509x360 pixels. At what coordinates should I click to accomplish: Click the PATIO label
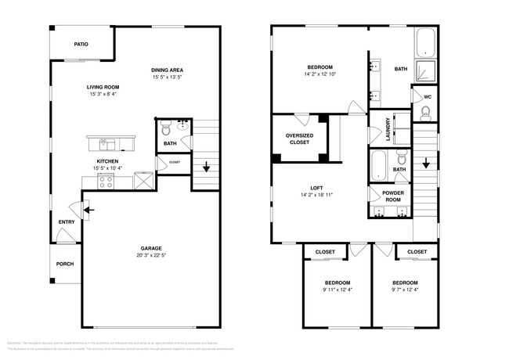coord(81,45)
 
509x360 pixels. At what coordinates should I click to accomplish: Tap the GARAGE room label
coord(151,248)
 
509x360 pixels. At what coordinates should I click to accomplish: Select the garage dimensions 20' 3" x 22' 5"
coord(151,255)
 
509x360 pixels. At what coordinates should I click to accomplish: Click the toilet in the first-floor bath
coord(164,127)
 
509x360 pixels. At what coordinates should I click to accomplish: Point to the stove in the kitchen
coord(106,181)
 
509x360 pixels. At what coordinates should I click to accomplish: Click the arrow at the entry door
coord(88,210)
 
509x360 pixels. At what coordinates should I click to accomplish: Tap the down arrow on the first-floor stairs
coord(205,167)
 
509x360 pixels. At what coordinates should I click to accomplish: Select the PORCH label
coord(65,264)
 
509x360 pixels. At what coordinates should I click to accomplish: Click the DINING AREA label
coord(168,70)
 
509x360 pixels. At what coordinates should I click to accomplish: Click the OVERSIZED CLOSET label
coord(299,139)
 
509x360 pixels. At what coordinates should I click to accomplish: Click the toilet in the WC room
coord(425,113)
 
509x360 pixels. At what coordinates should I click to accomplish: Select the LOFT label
coord(316,188)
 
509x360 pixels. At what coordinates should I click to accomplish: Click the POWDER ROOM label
coord(392,196)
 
